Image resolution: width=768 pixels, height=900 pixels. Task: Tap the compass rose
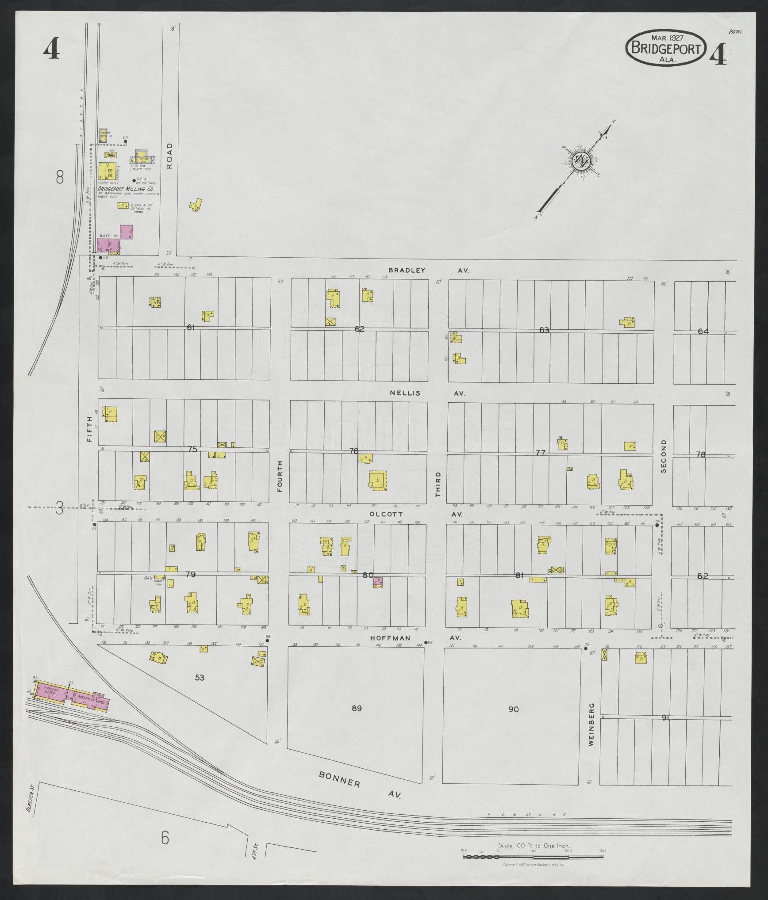[x=579, y=161]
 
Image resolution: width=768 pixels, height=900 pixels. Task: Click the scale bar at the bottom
[x=534, y=857]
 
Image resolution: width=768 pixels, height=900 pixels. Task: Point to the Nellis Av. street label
[x=427, y=393]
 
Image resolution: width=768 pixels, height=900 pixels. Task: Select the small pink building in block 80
[x=377, y=582]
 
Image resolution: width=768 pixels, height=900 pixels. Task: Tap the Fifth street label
[x=90, y=429]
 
